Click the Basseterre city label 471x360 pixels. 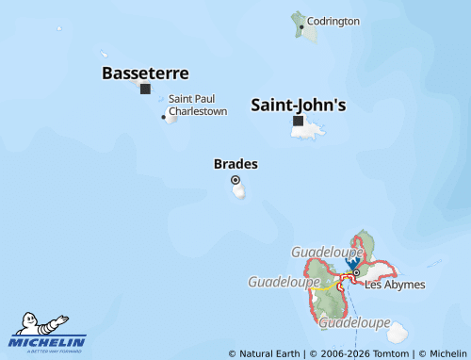point(145,73)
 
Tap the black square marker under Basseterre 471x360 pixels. point(145,90)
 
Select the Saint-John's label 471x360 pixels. point(298,106)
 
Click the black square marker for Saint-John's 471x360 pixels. point(299,121)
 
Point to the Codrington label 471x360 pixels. point(333,21)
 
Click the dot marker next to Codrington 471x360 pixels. point(301,26)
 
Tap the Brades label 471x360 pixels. point(235,164)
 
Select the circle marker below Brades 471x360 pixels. point(235,180)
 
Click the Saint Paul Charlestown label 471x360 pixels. point(198,105)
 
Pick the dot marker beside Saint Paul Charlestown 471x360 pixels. point(164,118)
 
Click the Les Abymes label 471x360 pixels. point(395,284)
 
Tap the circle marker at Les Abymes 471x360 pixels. point(356,273)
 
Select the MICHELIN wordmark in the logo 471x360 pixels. point(48,341)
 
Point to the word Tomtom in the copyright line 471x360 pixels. point(389,353)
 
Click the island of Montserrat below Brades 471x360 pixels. point(240,191)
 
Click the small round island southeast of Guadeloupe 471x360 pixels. point(398,332)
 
